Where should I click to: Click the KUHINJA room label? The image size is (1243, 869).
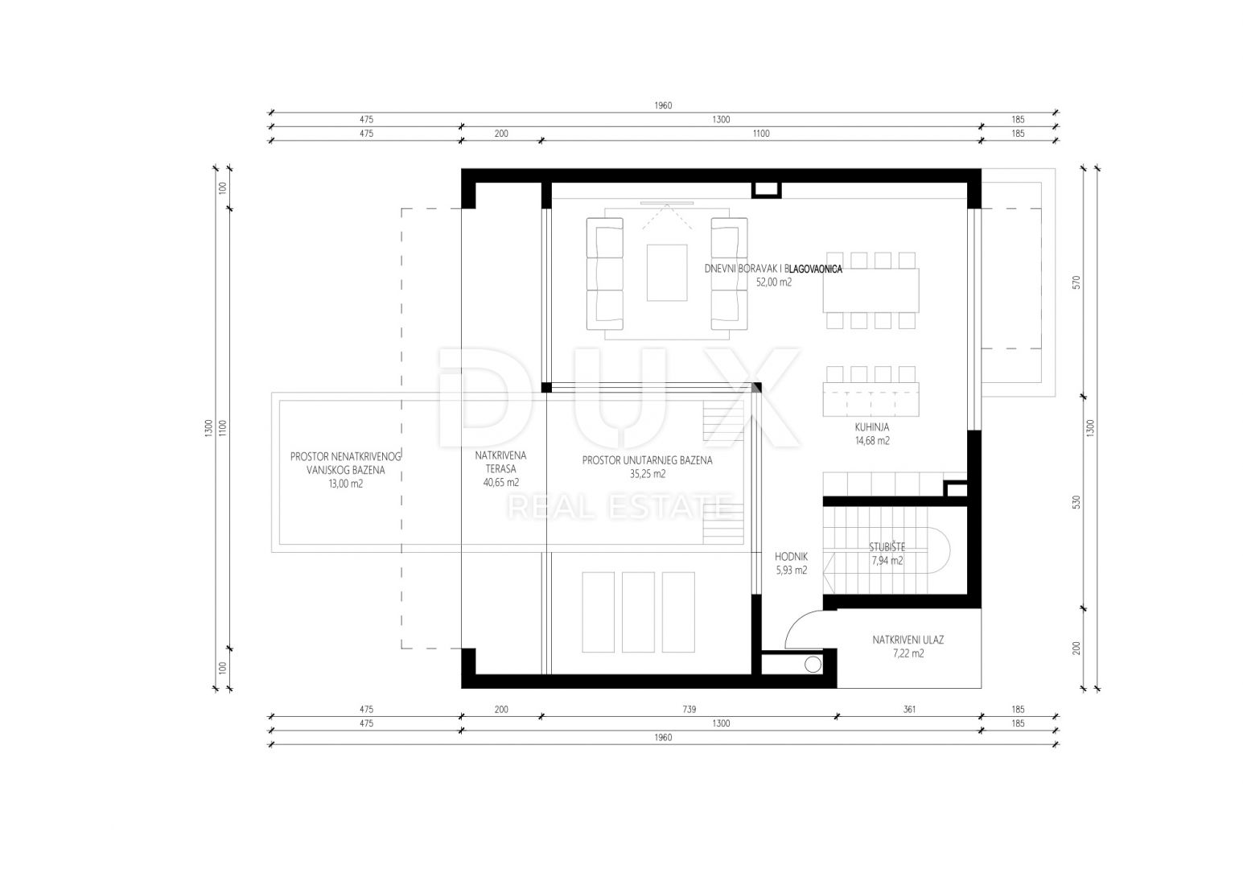click(872, 427)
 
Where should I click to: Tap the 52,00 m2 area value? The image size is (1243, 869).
click(773, 282)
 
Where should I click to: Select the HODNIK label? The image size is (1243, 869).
click(792, 557)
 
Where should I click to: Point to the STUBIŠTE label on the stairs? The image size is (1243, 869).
click(887, 548)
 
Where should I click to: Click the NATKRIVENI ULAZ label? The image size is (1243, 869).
click(908, 640)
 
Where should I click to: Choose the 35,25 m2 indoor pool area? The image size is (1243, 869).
click(648, 474)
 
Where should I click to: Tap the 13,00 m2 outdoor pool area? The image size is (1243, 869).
click(346, 484)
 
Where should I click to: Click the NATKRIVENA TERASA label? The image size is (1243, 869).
click(500, 462)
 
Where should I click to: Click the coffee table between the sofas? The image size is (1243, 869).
click(667, 273)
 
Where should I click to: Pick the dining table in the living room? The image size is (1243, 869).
click(871, 290)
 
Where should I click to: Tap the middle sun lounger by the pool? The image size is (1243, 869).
click(638, 612)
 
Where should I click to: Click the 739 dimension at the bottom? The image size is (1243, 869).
click(689, 709)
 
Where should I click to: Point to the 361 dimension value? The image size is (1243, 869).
click(909, 709)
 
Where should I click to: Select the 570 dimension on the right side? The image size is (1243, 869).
click(1076, 282)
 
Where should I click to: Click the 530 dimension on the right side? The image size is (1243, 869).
click(1076, 503)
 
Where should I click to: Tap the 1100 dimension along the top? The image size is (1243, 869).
click(761, 134)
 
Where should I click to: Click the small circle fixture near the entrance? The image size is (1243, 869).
click(813, 665)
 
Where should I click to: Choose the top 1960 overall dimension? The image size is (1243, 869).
click(663, 105)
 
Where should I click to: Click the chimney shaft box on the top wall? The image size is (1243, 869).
click(767, 189)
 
